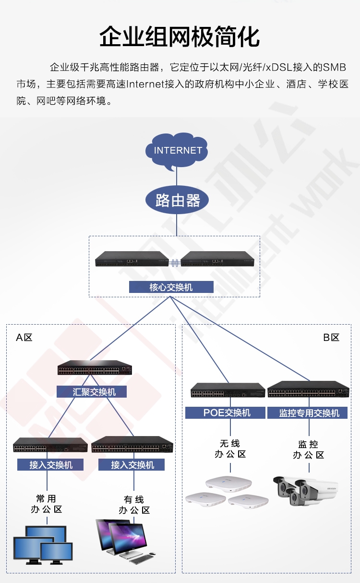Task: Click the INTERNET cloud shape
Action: click(177, 151)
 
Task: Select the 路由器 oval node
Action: click(177, 200)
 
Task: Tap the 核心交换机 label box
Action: click(171, 287)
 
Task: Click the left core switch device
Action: click(132, 259)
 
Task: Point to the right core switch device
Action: click(217, 259)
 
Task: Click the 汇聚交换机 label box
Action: click(92, 392)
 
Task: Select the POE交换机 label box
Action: click(225, 413)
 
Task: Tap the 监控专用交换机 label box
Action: click(308, 413)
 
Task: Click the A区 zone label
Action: click(24, 338)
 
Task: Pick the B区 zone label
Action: click(331, 338)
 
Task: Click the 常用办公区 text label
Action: click(47, 504)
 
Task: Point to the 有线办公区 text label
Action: click(134, 505)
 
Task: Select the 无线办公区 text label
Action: click(230, 449)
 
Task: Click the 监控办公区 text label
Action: click(309, 449)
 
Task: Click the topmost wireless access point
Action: click(228, 484)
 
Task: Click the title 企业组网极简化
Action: click(180, 36)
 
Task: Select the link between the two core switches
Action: click(175, 263)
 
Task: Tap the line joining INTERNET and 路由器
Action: click(177, 176)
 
